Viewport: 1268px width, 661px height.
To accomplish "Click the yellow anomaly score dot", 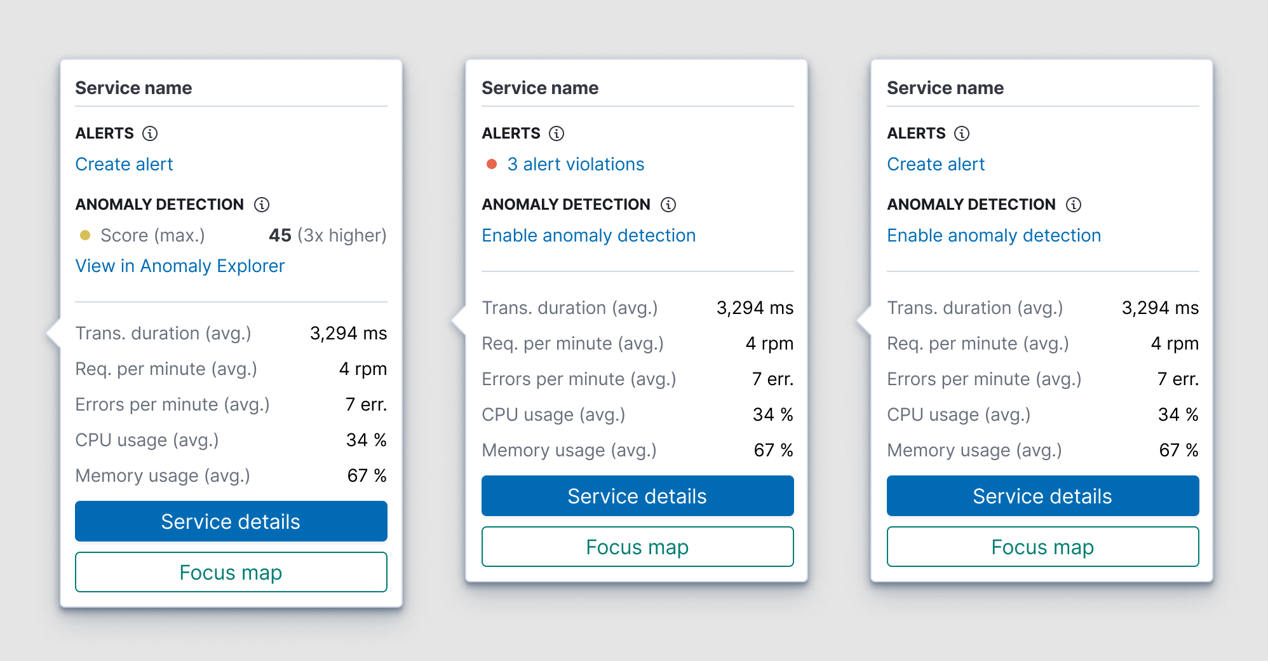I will click(x=85, y=235).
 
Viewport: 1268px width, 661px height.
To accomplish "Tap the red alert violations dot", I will click(x=491, y=164).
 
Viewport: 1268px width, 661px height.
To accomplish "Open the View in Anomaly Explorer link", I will click(x=180, y=266).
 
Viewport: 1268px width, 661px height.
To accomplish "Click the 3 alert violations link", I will click(x=576, y=164).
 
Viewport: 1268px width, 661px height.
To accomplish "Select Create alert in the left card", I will click(x=124, y=164).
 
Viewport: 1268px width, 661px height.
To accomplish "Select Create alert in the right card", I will click(x=936, y=164).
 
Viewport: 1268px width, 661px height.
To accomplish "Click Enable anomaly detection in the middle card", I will click(x=588, y=235).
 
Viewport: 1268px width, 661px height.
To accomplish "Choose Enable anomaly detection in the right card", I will click(x=994, y=235).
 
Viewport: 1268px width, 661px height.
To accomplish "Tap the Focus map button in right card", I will click(x=1042, y=547).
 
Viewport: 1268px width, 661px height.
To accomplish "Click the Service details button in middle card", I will click(x=637, y=496).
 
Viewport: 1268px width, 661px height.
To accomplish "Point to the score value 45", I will click(x=280, y=235).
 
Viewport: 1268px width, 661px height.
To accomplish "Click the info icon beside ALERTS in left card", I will click(x=150, y=133).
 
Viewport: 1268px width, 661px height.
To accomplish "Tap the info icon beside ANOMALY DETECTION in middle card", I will click(x=668, y=205).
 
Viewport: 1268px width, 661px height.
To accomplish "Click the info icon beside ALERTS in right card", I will click(x=962, y=133).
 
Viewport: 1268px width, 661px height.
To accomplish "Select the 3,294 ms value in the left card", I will click(x=348, y=333).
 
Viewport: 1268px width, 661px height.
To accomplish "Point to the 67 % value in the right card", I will click(x=1178, y=450).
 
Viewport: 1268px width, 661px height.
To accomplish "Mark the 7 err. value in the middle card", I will click(x=772, y=379).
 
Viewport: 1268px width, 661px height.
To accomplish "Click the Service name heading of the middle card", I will click(x=540, y=88).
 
